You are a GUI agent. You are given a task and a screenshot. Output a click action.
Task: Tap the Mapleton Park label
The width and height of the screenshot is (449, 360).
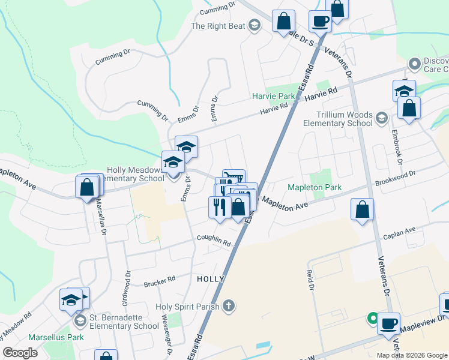315,188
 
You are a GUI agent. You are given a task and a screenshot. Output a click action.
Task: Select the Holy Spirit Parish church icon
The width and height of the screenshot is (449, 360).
228,306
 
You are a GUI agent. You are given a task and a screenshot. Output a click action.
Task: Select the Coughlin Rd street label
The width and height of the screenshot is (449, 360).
214,241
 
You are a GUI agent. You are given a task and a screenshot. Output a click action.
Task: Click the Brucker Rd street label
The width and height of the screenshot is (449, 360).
159,280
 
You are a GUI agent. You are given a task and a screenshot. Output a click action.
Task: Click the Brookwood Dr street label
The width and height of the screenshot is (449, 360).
395,178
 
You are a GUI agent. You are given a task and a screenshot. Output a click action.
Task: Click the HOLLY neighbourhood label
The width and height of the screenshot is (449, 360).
211,279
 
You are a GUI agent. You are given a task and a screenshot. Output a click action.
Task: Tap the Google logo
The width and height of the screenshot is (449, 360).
20,353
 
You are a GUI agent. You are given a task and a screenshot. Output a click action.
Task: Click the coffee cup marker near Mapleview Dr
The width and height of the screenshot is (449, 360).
389,324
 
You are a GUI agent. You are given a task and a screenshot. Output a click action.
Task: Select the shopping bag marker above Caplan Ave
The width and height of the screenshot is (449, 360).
363,210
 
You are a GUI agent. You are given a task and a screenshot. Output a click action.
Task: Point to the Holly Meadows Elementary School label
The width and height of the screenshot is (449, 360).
135,174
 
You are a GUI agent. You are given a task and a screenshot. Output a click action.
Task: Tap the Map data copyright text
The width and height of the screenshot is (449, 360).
412,355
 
